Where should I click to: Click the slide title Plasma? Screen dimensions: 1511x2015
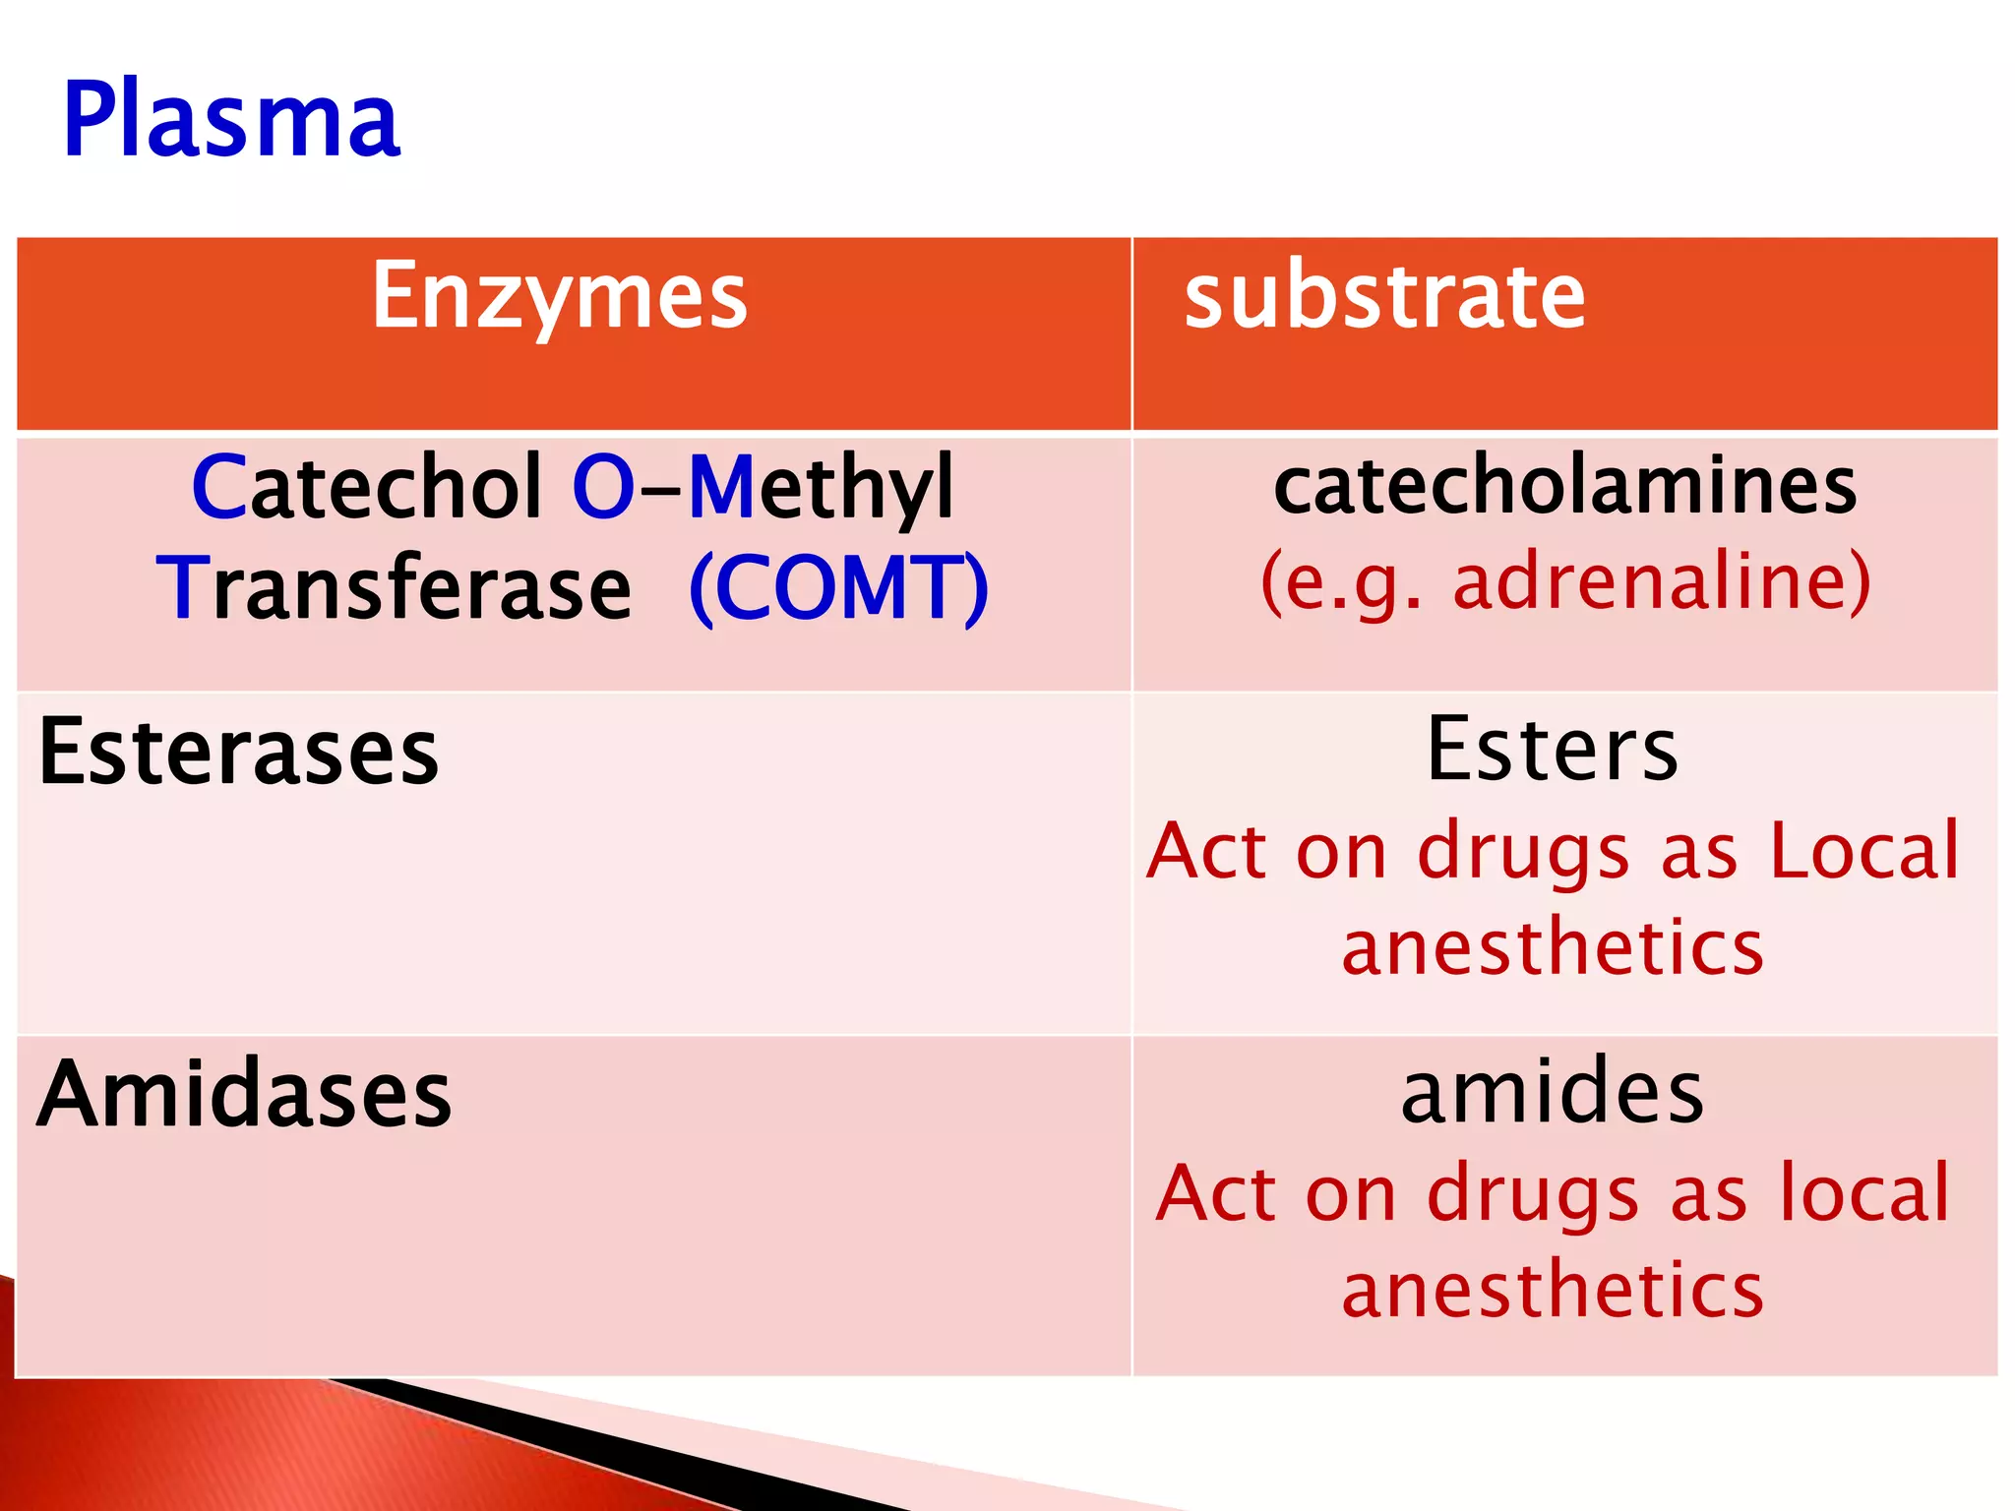pos(231,120)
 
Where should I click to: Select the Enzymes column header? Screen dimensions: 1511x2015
pos(559,296)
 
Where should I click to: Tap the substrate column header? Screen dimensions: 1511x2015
pos(1384,296)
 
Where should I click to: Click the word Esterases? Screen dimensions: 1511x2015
pos(238,753)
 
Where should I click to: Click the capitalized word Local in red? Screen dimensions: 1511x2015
pos(1864,851)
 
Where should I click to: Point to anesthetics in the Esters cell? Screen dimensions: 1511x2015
pos(1553,947)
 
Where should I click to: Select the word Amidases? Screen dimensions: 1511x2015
pos(244,1095)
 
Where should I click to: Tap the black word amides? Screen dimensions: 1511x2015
pos(1553,1093)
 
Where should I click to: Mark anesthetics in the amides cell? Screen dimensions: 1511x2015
pos(1553,1290)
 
